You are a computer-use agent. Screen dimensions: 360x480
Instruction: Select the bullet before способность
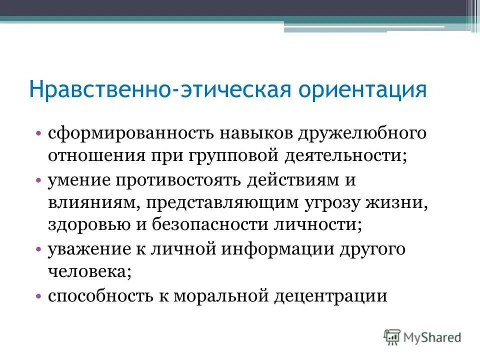pyautogui.click(x=38, y=296)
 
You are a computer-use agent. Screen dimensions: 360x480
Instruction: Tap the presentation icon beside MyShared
pyautogui.click(x=392, y=336)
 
